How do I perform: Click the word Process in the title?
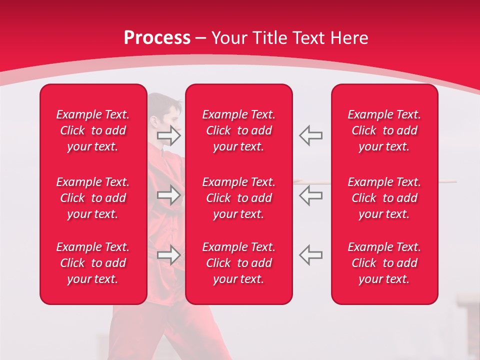pos(157,38)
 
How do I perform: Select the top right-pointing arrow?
pos(169,135)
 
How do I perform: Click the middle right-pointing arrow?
pos(169,195)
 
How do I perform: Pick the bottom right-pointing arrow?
pos(169,254)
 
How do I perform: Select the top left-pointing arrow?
pos(311,135)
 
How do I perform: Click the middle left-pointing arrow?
pos(311,195)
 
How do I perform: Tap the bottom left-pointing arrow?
pos(311,254)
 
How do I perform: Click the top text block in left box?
pos(93,130)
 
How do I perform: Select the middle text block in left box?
pos(93,198)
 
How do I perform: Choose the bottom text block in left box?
pos(93,263)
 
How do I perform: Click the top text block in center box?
pos(239,130)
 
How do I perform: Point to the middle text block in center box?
pos(239,198)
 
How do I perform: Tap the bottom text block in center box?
pos(239,263)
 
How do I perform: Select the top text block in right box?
pos(384,130)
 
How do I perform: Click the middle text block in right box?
pos(384,198)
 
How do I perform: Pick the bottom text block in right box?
pos(384,263)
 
